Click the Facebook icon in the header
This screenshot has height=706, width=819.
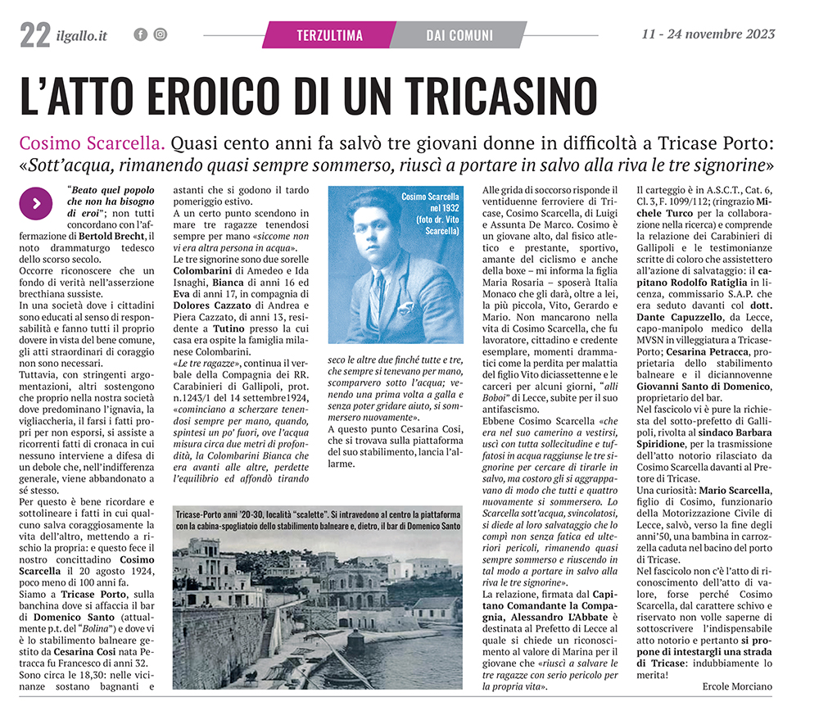[140, 34]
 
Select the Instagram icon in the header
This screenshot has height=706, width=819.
[160, 34]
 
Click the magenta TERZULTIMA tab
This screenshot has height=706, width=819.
[329, 35]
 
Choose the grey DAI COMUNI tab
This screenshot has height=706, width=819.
[459, 35]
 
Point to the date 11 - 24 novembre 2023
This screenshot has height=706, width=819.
[708, 34]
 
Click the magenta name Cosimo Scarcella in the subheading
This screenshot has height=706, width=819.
[92, 143]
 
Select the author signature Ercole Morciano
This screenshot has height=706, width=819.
[740, 685]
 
